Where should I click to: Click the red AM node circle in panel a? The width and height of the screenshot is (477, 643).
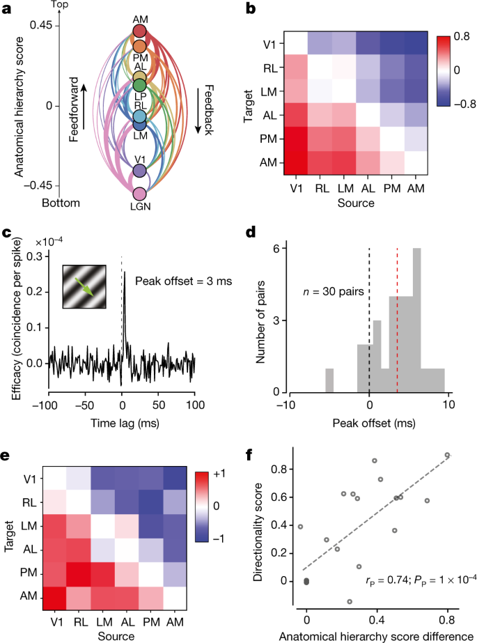[x=139, y=31]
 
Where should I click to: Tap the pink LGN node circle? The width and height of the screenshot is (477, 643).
[x=139, y=194]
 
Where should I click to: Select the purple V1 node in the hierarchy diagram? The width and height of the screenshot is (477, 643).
[x=139, y=170]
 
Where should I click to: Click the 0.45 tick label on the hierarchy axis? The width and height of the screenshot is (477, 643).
[x=40, y=25]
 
